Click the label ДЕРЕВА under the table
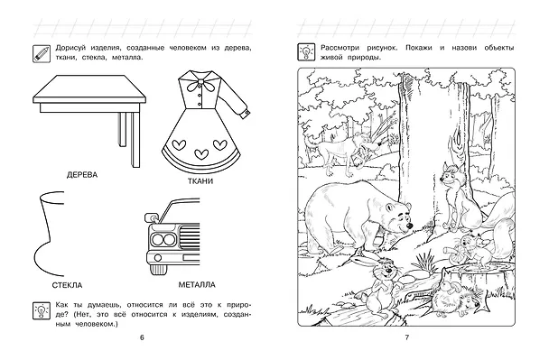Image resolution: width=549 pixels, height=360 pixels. [82, 175]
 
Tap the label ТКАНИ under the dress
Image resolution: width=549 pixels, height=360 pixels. [200, 181]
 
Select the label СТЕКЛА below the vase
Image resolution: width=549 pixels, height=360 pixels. [67, 285]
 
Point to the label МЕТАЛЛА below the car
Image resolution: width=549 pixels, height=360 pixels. [197, 285]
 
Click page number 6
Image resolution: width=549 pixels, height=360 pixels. [142, 337]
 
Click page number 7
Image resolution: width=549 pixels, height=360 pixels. [407, 337]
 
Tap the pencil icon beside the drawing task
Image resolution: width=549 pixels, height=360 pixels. [42, 53]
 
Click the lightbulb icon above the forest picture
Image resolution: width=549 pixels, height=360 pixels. [306, 52]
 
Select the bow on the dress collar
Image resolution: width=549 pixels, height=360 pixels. [200, 85]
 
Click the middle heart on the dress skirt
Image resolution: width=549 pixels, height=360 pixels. [201, 153]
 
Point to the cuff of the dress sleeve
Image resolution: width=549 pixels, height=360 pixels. [246, 114]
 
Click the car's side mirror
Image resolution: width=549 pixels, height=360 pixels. [152, 217]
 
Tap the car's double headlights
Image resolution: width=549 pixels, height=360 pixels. [163, 240]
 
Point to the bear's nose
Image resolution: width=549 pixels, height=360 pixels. [409, 226]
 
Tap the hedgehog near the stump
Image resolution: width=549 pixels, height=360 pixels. [455, 297]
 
